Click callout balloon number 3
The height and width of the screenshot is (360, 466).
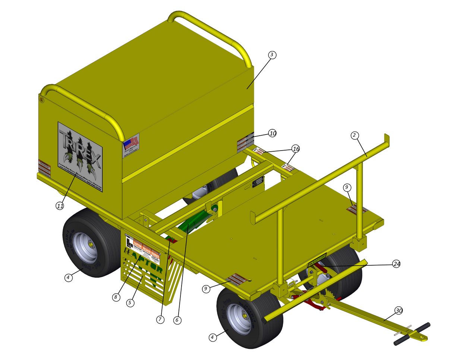point(272,55)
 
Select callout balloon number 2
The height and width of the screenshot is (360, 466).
point(355,135)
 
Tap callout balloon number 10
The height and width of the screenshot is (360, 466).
point(273,133)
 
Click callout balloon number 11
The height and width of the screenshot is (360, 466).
point(60,205)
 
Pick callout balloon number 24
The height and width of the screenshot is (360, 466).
point(397,264)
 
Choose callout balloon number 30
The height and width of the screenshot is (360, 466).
point(399,310)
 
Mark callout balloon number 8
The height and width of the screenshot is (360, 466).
point(116,297)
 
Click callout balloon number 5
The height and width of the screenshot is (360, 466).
point(130,303)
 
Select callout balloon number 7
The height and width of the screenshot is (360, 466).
point(160,319)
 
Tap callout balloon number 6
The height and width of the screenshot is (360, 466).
point(177,320)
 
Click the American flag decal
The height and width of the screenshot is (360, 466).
point(131,143)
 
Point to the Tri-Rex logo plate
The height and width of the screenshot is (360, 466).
point(80,157)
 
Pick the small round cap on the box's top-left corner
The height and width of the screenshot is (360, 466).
point(42,100)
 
